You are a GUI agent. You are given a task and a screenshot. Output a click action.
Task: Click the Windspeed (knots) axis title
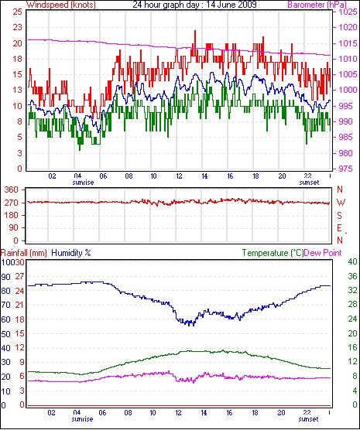61,5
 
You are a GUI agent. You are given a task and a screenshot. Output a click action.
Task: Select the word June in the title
220,5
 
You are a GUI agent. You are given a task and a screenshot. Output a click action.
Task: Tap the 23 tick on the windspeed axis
17,27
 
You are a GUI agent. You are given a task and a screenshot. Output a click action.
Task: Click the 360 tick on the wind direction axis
12,189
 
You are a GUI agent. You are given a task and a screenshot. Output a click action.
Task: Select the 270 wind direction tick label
12,203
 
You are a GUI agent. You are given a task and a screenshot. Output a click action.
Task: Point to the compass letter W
341,203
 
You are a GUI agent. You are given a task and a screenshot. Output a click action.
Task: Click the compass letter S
340,216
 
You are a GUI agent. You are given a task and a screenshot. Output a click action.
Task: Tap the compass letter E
339,228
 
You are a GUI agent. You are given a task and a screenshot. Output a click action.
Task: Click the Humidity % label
71,253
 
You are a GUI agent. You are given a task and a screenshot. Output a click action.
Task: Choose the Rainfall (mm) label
24,253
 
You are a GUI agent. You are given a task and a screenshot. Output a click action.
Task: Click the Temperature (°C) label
273,253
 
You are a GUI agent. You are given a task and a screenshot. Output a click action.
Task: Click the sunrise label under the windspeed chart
83,183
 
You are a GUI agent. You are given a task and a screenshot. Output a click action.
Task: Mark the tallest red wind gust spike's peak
195,30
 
